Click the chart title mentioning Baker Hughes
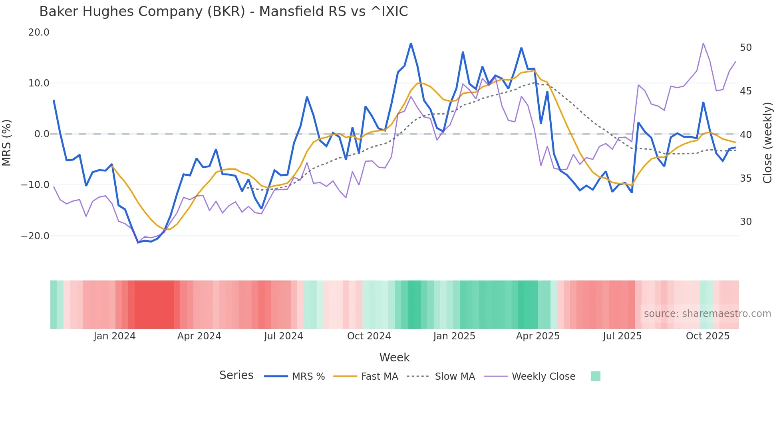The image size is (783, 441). [223, 12]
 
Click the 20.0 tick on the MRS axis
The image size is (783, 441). [39, 32]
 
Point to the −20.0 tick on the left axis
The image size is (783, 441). [35, 236]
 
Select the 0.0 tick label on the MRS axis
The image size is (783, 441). [42, 134]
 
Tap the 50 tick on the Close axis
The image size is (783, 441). [745, 48]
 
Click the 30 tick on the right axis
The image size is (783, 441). [745, 222]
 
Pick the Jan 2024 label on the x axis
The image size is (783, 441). [115, 336]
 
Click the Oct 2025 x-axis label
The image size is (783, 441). [707, 336]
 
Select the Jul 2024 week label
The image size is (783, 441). [283, 336]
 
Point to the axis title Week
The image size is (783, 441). [394, 357]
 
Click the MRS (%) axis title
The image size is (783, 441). [7, 142]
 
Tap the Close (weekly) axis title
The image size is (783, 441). [767, 143]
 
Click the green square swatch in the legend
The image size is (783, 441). [595, 376]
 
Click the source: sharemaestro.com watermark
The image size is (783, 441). [707, 314]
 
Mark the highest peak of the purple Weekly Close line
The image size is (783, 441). [703, 43]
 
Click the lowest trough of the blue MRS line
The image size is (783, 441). [138, 243]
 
